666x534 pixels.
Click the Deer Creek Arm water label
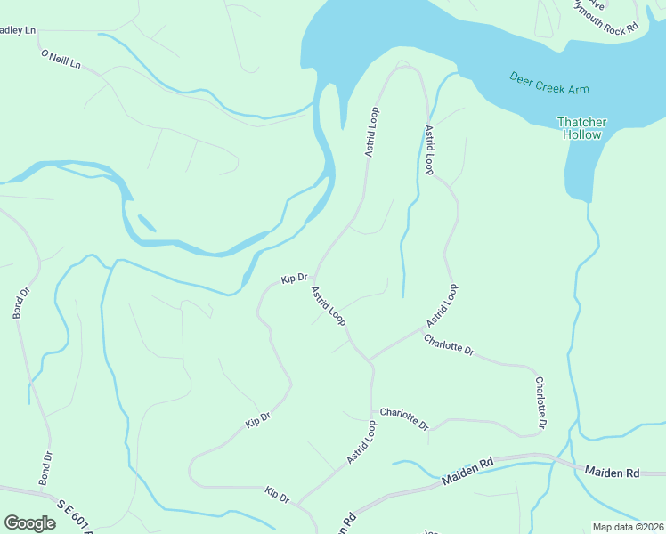point(549,84)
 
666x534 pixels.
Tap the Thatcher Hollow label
point(581,128)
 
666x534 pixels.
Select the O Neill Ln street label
point(61,60)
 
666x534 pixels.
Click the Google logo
point(29,523)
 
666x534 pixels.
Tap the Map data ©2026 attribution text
point(627,527)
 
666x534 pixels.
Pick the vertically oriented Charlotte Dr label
point(540,400)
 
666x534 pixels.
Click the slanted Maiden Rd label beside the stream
point(467,472)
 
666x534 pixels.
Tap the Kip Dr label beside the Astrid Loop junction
point(294,279)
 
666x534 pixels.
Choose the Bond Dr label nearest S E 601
point(46,468)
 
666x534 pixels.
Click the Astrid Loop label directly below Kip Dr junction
point(328,305)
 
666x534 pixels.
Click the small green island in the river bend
point(147,222)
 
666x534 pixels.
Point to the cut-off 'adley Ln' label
point(18,30)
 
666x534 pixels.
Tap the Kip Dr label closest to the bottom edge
point(277,495)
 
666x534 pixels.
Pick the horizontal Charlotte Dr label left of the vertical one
point(404,417)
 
